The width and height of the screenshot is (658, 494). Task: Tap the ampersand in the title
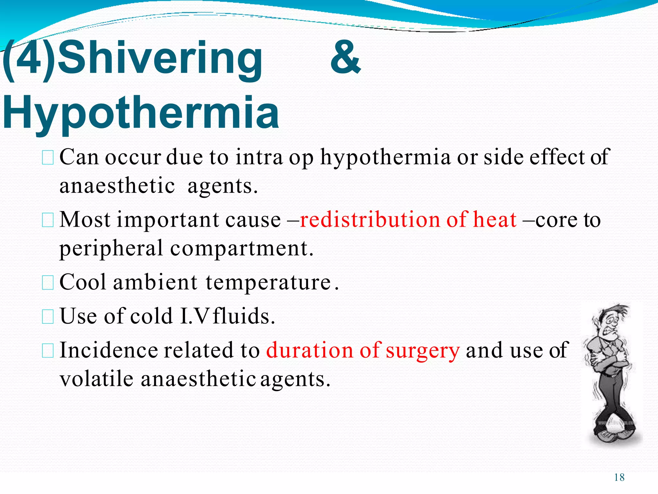pos(345,58)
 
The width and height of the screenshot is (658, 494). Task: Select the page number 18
pos(619,477)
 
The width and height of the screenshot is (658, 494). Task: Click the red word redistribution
pos(369,220)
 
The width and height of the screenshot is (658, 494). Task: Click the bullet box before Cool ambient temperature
pos(48,283)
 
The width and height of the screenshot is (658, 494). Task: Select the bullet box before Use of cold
pos(48,316)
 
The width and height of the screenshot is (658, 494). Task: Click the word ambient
pos(155,282)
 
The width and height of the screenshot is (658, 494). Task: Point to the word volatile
pos(96,379)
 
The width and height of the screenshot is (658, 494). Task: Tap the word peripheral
pos(111,249)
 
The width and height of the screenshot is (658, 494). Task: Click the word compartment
pos(241,249)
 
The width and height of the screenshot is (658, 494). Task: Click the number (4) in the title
pos(29,59)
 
